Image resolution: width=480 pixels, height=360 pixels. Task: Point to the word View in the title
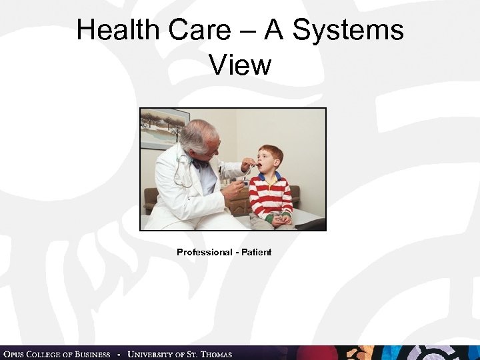[x=240, y=65]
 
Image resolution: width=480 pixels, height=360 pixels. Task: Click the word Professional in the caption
[x=202, y=252]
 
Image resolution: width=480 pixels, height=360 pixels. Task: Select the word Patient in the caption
[x=256, y=252]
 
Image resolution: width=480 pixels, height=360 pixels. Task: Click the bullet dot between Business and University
[x=119, y=354]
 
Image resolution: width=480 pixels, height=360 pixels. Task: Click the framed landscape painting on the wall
[x=164, y=128]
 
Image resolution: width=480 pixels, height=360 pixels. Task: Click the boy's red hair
[x=271, y=152]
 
